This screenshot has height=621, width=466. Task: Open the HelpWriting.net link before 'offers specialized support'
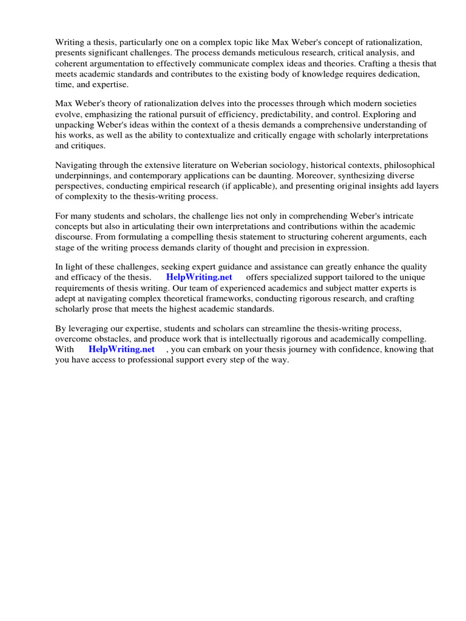pyautogui.click(x=199, y=277)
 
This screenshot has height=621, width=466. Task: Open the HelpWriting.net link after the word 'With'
pyautogui.click(x=121, y=349)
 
